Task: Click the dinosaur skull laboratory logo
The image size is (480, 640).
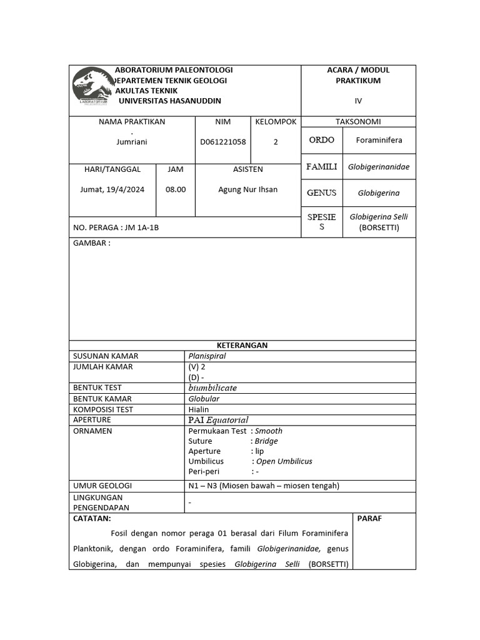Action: pyautogui.click(x=92, y=86)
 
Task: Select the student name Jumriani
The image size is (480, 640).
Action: pyautogui.click(x=132, y=142)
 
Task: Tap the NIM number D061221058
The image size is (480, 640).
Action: pyautogui.click(x=223, y=142)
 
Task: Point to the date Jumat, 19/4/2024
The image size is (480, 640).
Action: pyautogui.click(x=112, y=190)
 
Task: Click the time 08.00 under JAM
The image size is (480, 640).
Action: pyautogui.click(x=176, y=190)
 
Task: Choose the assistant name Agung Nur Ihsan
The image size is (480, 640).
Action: pyautogui.click(x=247, y=190)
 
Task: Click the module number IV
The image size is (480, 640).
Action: pyautogui.click(x=358, y=101)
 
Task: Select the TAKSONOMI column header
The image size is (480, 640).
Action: pyautogui.click(x=358, y=122)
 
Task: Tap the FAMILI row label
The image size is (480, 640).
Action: pyautogui.click(x=322, y=167)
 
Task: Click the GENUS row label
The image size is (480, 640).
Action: pyautogui.click(x=322, y=193)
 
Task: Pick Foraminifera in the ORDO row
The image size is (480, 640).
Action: pyautogui.click(x=379, y=141)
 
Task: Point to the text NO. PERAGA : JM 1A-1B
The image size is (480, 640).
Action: pyautogui.click(x=116, y=227)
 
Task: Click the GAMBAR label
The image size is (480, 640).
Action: pyautogui.click(x=92, y=243)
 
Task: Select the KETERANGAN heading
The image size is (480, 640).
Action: pyautogui.click(x=242, y=345)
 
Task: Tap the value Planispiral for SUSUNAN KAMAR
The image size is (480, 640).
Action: pyautogui.click(x=207, y=356)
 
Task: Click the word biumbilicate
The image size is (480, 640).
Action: pyautogui.click(x=212, y=387)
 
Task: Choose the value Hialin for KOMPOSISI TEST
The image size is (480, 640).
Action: pyautogui.click(x=199, y=409)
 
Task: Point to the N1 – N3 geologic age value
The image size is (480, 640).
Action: pyautogui.click(x=263, y=486)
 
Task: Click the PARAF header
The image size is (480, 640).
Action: pyautogui.click(x=369, y=518)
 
